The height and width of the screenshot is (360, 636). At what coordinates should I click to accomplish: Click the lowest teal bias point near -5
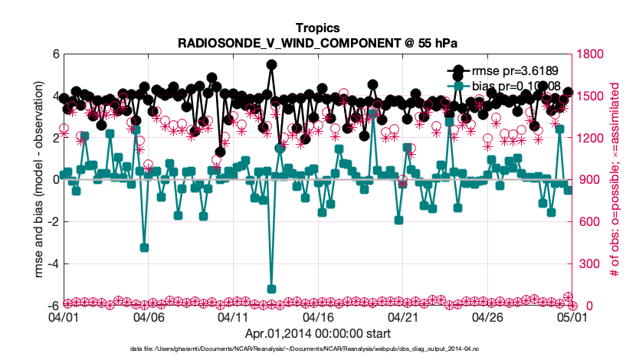click(271, 289)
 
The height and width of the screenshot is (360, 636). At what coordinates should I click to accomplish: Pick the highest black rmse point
click(271, 65)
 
